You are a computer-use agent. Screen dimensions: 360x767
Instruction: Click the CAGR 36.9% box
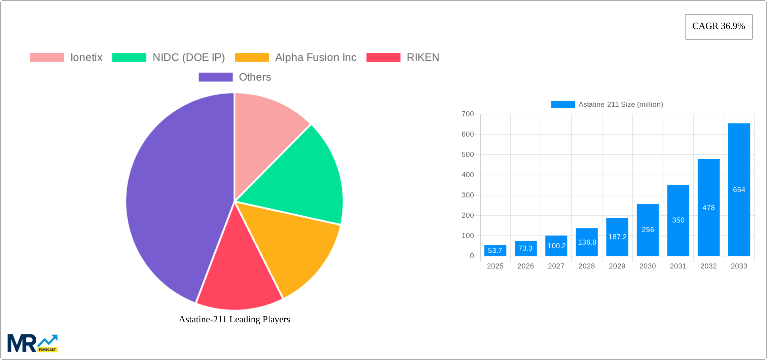[x=719, y=27]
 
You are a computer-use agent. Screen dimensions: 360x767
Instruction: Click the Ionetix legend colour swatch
[x=47, y=58]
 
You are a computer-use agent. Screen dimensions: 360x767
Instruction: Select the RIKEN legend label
[x=423, y=58]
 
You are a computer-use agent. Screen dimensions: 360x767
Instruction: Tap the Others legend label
[x=255, y=77]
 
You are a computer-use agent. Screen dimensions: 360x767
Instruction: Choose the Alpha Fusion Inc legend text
[x=316, y=58]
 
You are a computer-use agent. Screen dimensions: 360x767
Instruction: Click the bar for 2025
[x=495, y=250]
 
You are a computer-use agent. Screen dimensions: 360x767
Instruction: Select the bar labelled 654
[x=739, y=189]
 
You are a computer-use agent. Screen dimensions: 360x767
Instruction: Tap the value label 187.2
[x=617, y=237]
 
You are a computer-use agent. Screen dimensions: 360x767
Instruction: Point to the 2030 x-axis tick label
[x=648, y=266]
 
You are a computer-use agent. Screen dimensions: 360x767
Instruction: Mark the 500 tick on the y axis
[x=468, y=154]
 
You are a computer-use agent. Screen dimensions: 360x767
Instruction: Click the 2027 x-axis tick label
[x=556, y=266]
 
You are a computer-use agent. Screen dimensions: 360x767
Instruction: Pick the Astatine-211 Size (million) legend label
[x=621, y=104]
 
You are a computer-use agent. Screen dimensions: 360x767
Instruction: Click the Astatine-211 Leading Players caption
[x=234, y=319]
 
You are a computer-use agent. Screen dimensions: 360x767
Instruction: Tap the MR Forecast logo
[x=33, y=343]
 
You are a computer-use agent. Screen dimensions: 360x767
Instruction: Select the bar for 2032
[x=708, y=207]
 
